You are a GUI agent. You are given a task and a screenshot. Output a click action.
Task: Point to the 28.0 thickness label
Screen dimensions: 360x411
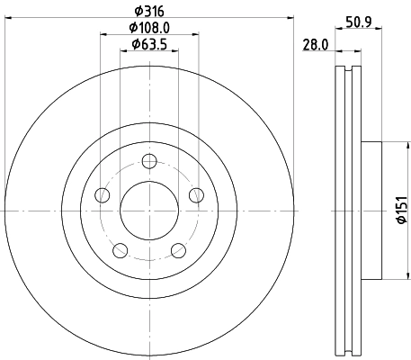[314, 44]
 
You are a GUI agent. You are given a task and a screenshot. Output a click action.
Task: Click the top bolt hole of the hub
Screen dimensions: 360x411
[149, 162]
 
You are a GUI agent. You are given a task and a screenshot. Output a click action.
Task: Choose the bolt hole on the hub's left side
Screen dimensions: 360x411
[103, 195]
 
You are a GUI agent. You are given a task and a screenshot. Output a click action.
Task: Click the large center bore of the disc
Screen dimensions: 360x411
[149, 211]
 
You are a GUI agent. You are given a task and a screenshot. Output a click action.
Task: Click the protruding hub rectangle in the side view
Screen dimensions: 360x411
[370, 211]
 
